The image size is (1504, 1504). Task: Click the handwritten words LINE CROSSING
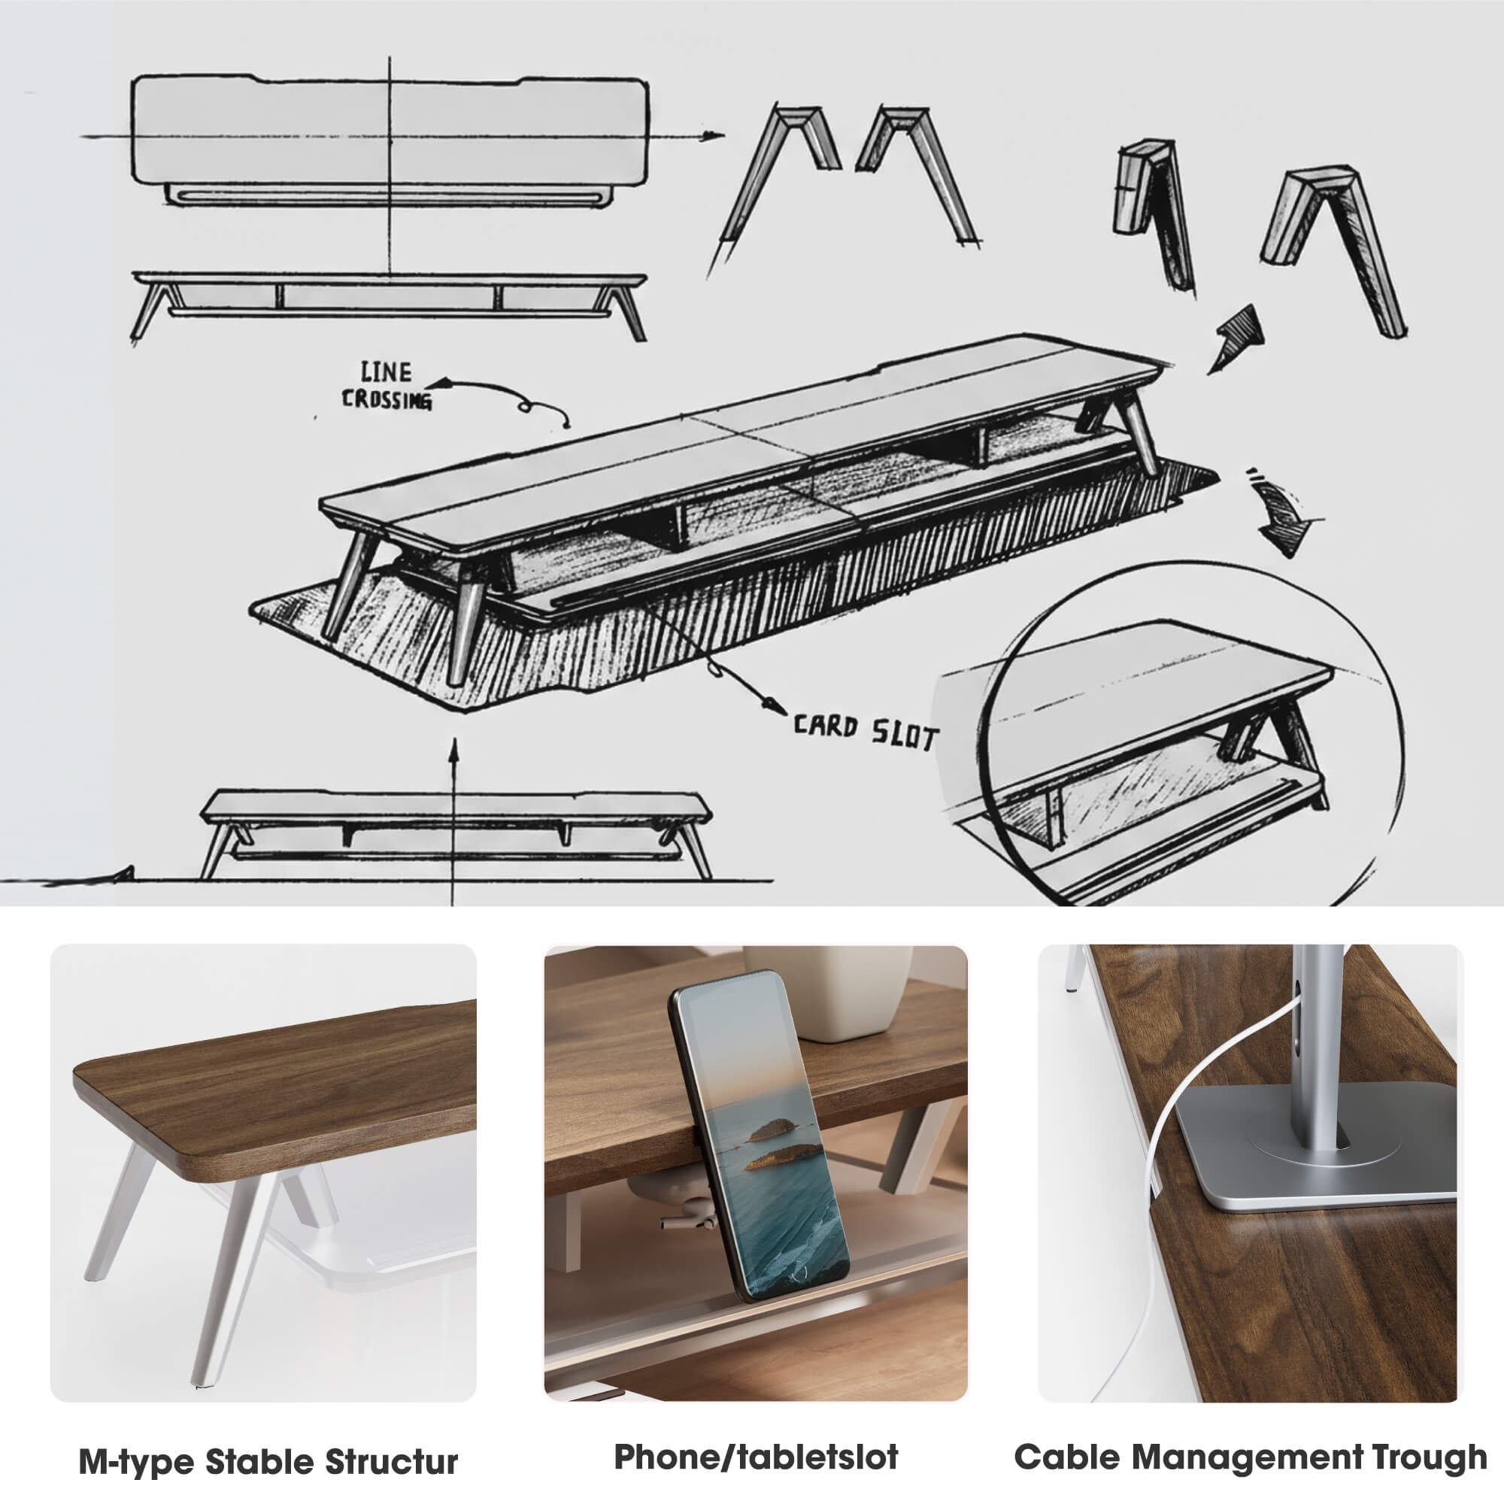point(387,385)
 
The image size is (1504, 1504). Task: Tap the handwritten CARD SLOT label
point(866,732)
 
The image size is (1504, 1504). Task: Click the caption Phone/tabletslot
point(756,1457)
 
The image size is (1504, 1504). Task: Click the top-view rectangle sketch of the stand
point(390,132)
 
